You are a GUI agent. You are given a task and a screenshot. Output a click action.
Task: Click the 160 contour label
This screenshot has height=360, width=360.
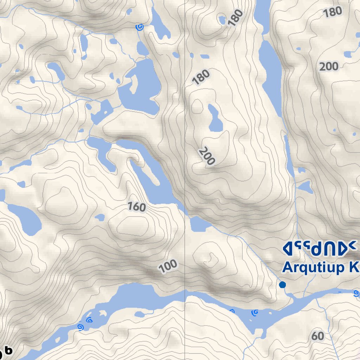point(136,206)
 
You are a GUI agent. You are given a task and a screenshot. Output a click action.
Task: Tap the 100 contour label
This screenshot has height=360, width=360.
point(168,266)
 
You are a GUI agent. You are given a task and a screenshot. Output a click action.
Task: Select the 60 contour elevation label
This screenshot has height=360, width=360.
point(317,336)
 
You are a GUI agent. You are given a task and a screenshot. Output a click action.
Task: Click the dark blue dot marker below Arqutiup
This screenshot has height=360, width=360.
point(282,285)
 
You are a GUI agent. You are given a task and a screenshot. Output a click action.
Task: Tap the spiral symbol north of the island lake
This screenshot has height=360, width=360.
point(140,27)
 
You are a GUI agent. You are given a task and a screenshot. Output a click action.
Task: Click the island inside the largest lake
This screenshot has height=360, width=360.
point(134,84)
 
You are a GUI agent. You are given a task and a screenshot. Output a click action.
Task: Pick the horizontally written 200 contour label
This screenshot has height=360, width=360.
point(329,66)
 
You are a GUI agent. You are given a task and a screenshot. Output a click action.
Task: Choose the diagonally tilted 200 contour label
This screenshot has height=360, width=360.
point(206,156)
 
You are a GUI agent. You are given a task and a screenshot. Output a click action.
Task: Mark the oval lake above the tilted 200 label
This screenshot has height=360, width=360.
point(215,118)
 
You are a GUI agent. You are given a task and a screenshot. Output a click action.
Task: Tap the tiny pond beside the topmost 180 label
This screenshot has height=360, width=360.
point(222,19)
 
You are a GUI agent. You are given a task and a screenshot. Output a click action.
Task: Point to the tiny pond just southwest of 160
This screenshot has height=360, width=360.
point(100,217)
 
